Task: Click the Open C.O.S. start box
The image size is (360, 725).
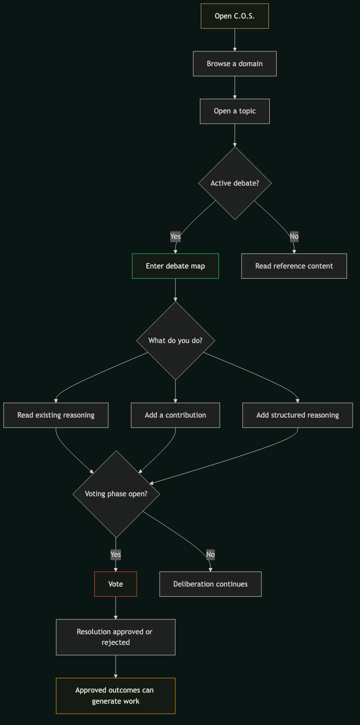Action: click(x=235, y=16)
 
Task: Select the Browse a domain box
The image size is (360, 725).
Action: click(x=235, y=63)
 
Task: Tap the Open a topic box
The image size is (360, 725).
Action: click(x=235, y=111)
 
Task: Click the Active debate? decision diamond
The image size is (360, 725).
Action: click(x=235, y=183)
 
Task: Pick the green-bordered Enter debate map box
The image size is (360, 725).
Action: click(x=175, y=266)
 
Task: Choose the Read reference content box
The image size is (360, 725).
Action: click(x=294, y=266)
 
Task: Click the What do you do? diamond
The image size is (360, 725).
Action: click(x=175, y=341)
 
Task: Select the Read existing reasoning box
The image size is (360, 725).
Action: click(x=56, y=415)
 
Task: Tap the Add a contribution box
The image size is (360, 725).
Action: click(x=175, y=415)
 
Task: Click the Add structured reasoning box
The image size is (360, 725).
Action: click(x=298, y=415)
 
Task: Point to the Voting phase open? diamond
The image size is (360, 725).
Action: click(x=116, y=494)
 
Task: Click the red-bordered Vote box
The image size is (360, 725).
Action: click(x=116, y=584)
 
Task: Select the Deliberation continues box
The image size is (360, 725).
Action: click(x=211, y=584)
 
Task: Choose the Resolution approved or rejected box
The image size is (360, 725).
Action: click(x=116, y=637)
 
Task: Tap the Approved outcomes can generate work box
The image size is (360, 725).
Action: click(x=116, y=695)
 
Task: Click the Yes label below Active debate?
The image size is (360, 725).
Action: click(x=175, y=237)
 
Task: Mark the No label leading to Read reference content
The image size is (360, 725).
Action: click(x=294, y=237)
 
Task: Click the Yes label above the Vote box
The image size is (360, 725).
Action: click(x=116, y=554)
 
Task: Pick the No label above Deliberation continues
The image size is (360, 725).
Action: click(x=211, y=554)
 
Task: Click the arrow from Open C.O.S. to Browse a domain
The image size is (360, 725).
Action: click(x=235, y=40)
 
